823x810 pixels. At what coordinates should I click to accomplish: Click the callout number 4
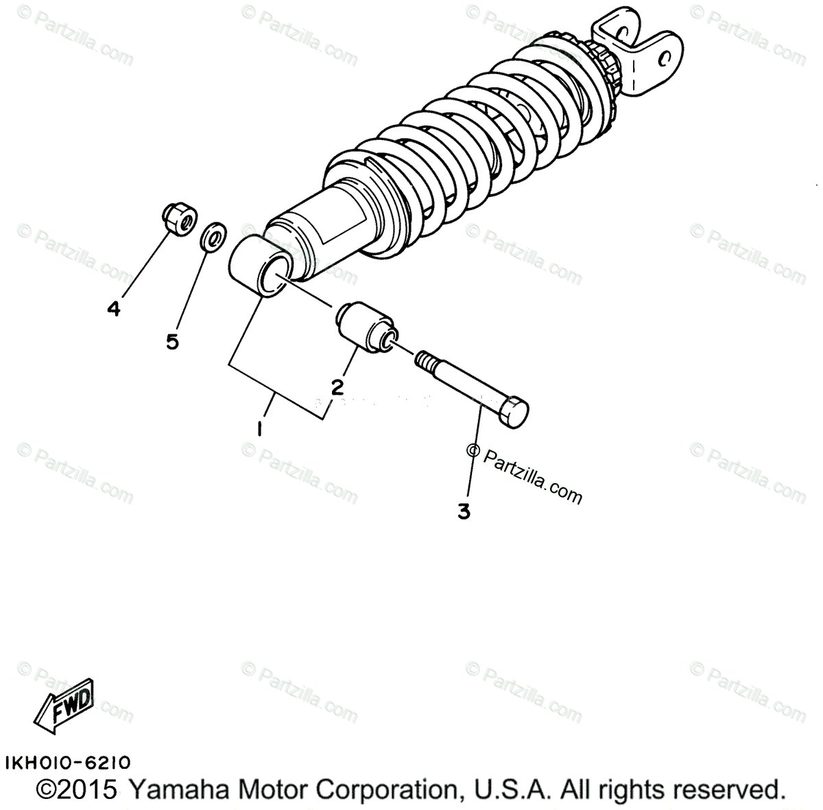click(x=114, y=309)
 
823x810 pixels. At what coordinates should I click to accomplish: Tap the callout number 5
click(x=172, y=341)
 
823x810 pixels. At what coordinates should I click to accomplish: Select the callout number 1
click(x=260, y=429)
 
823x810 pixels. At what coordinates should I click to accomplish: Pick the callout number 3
click(x=464, y=511)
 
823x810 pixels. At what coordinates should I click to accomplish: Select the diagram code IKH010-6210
click(x=67, y=763)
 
